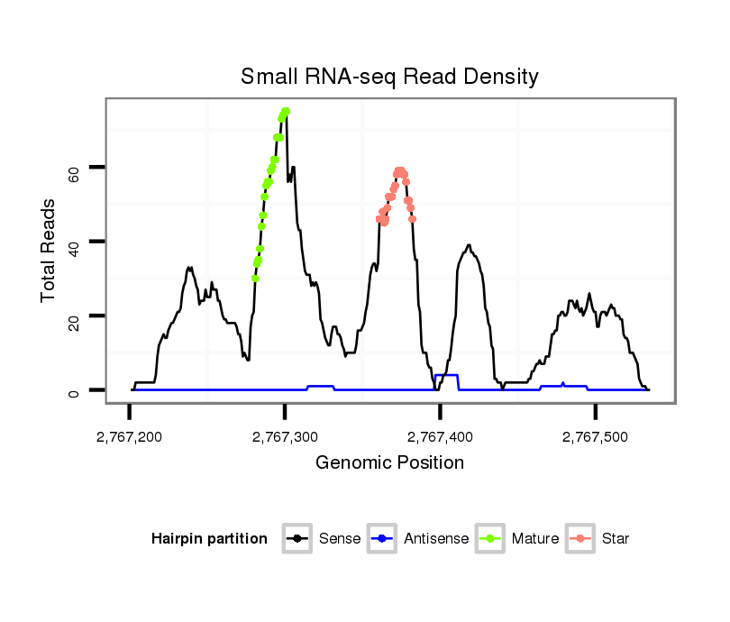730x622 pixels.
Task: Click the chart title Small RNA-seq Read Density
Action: click(x=389, y=77)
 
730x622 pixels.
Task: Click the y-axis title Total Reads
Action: click(x=50, y=250)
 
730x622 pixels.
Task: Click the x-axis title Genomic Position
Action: click(x=389, y=463)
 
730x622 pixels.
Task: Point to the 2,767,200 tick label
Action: click(x=130, y=437)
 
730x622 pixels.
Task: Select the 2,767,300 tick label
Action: click(x=285, y=437)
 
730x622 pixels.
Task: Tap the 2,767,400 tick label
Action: click(x=440, y=437)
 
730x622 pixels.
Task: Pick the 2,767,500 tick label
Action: click(x=595, y=437)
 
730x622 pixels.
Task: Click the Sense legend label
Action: click(x=340, y=539)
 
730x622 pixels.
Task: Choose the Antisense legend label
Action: click(x=435, y=539)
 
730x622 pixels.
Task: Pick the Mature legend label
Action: click(x=534, y=539)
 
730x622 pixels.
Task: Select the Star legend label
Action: click(x=616, y=539)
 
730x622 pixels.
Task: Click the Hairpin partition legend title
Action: click(x=209, y=539)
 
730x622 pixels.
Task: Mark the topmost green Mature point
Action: click(x=286, y=111)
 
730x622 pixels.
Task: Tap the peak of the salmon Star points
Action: click(x=399, y=170)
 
